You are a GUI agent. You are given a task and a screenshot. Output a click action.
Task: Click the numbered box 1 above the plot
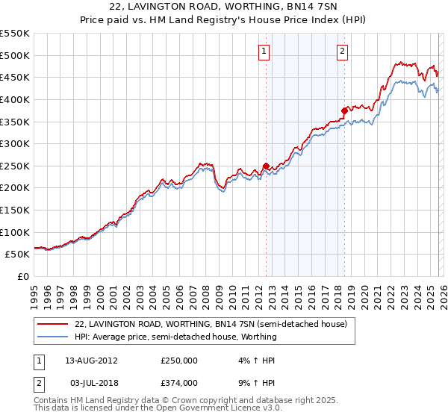pyautogui.click(x=265, y=52)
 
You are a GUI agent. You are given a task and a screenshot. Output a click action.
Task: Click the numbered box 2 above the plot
pyautogui.click(x=342, y=52)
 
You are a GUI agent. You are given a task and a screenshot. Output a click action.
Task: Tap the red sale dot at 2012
pyautogui.click(x=266, y=166)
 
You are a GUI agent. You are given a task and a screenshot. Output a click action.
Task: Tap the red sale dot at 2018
pyautogui.click(x=344, y=111)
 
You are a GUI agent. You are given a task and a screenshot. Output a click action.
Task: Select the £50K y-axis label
pyautogui.click(x=17, y=255)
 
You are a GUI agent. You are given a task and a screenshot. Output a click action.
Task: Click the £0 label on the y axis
pyautogui.click(x=22, y=276)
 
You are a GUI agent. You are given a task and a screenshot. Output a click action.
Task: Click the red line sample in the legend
pyautogui.click(x=52, y=325)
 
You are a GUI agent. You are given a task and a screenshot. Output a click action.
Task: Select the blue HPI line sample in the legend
pyautogui.click(x=52, y=337)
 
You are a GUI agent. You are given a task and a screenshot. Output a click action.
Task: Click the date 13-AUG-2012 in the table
pyautogui.click(x=92, y=361)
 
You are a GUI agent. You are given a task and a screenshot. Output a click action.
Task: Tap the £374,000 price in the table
pyautogui.click(x=179, y=383)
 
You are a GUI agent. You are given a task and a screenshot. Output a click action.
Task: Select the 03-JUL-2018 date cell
pyautogui.click(x=91, y=383)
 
